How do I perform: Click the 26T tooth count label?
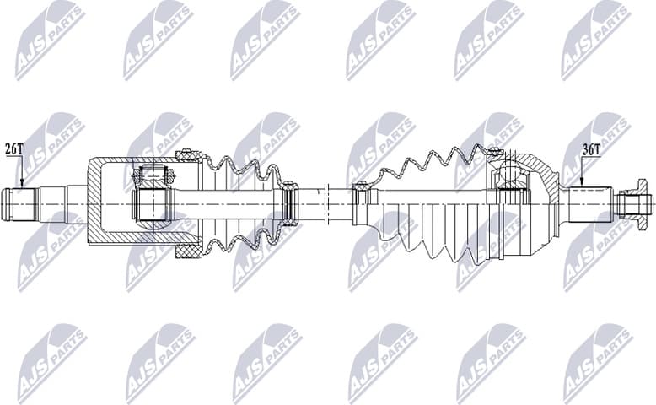13,149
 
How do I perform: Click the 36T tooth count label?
591,149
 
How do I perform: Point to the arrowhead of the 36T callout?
582,184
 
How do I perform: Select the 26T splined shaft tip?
21,203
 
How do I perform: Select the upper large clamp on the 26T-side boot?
188,156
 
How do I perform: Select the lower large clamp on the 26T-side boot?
188,251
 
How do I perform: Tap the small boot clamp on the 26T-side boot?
289,204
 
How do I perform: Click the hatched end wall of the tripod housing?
94,202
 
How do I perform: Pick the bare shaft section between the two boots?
325,203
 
